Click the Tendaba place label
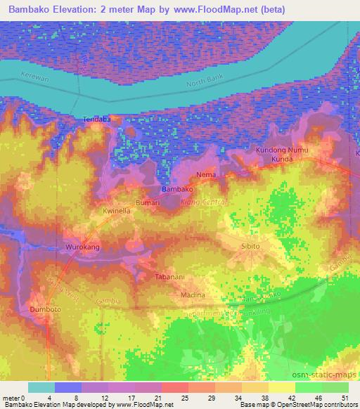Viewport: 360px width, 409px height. click(x=97, y=119)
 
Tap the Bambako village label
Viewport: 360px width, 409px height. click(x=177, y=190)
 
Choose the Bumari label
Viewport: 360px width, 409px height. click(x=148, y=202)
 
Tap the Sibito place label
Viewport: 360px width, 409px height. click(x=251, y=247)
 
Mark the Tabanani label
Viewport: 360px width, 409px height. click(x=170, y=277)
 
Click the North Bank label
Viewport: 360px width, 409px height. click(x=203, y=84)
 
